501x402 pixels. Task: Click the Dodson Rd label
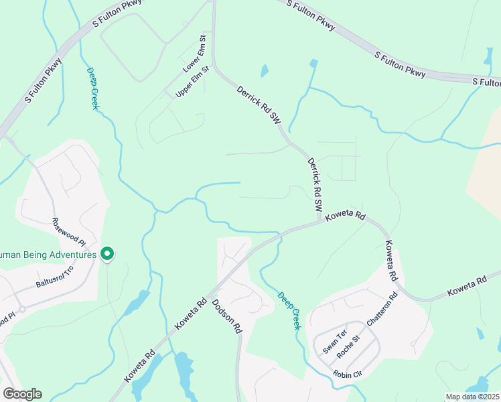tap(226, 316)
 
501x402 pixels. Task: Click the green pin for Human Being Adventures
tap(106, 253)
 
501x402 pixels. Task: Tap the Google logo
tap(22, 394)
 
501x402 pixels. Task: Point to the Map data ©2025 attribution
tap(472, 397)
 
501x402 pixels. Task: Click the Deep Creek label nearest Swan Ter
tap(290, 310)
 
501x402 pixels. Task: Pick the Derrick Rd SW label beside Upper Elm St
tap(257, 103)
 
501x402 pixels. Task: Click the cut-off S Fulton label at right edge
tap(486, 82)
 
